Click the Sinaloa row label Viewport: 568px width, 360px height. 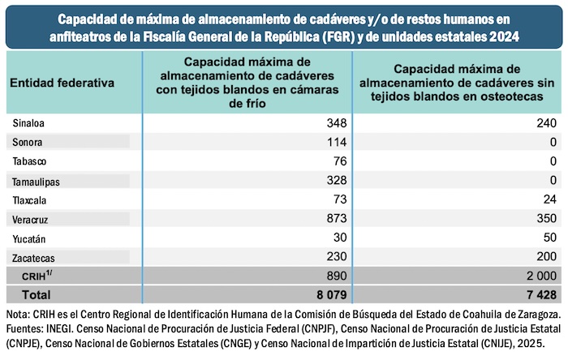point(28,122)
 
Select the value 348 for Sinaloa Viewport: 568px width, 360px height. point(335,122)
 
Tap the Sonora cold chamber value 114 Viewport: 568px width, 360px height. point(335,142)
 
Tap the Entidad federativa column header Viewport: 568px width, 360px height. point(62,83)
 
